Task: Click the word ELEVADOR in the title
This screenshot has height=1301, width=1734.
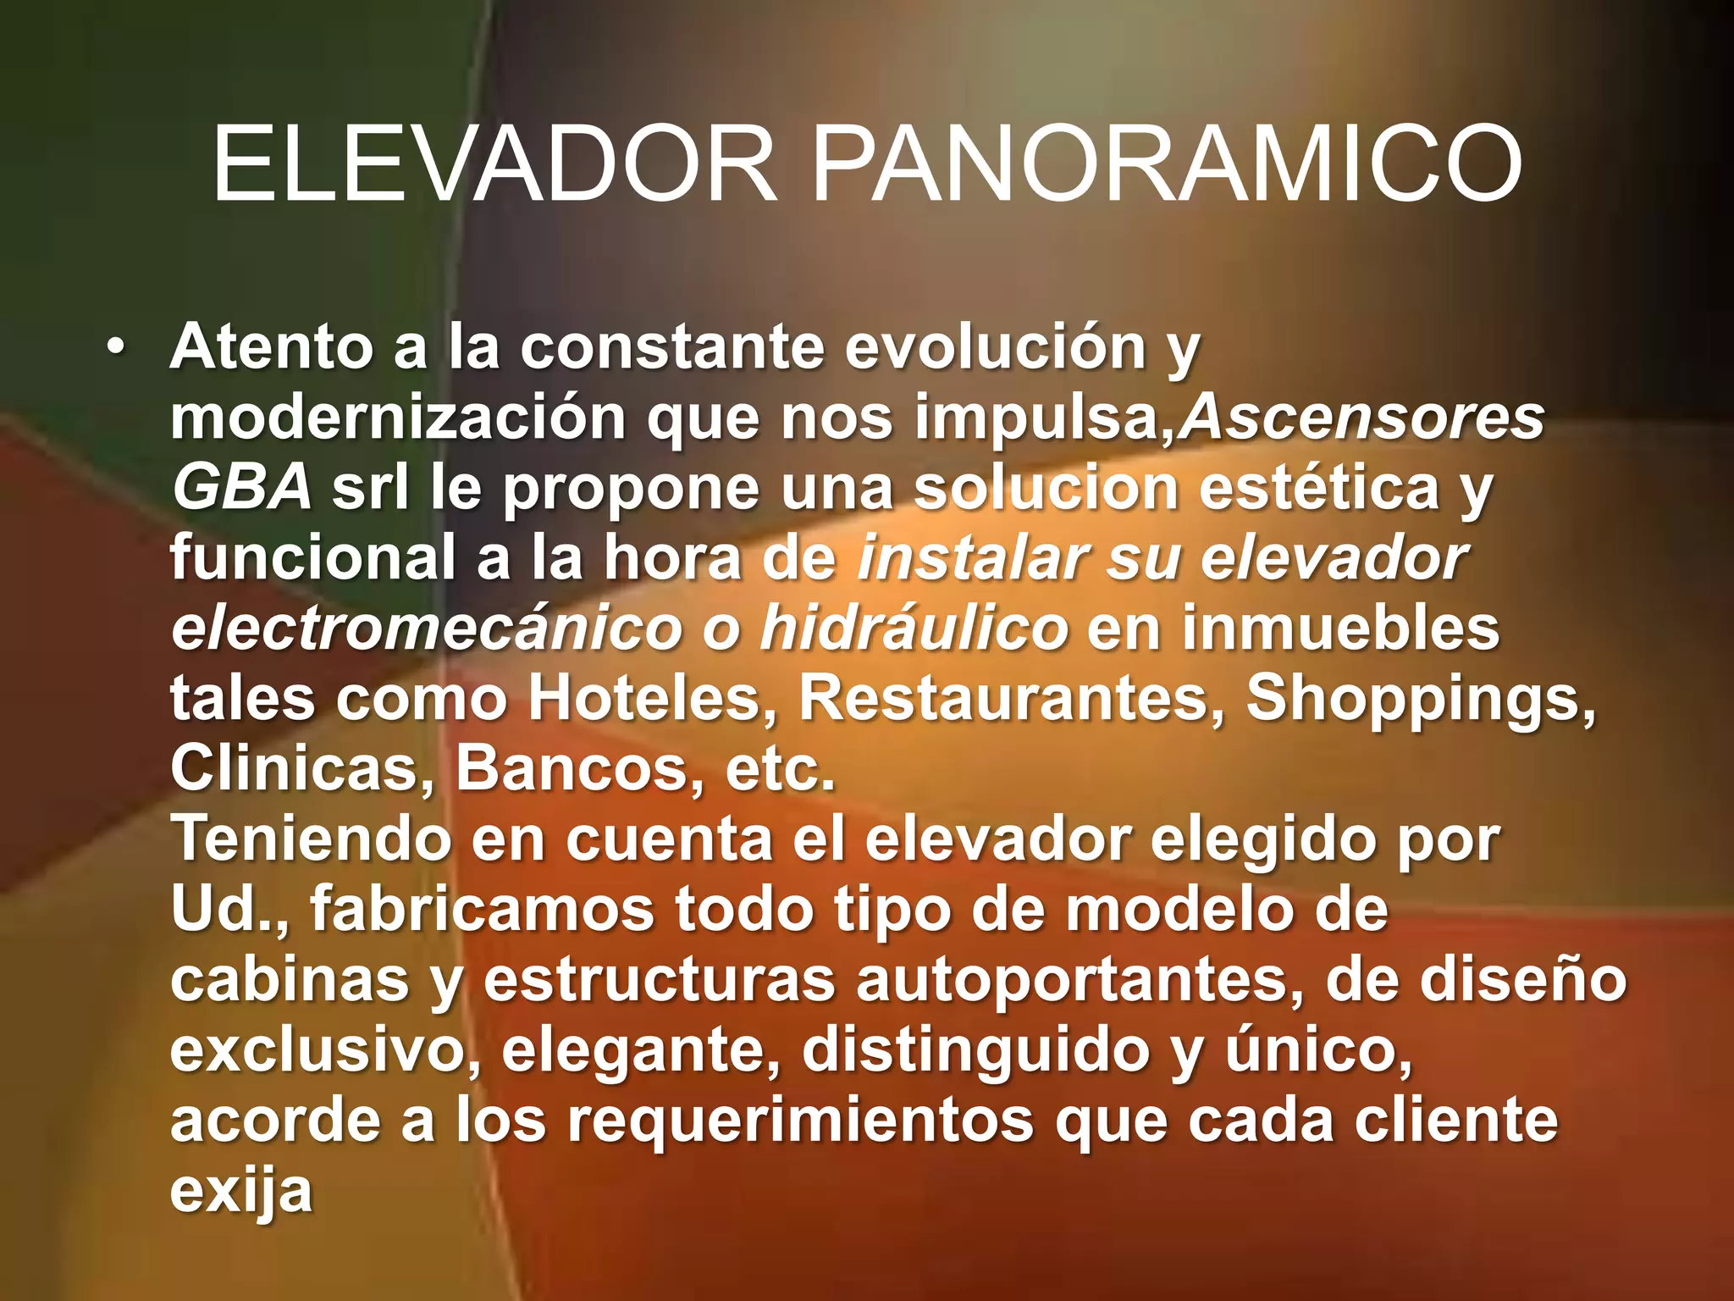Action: coord(494,164)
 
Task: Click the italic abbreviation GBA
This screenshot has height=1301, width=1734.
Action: coord(242,488)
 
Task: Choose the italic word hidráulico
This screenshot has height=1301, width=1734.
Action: coord(914,628)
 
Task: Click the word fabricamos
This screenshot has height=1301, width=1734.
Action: coord(482,910)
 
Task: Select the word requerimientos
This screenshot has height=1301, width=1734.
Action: coord(800,1121)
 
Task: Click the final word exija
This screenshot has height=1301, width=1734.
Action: coord(241,1191)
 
